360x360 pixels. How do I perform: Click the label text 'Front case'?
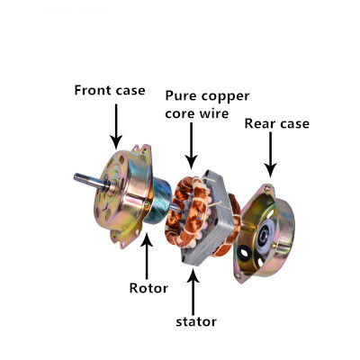pyautogui.click(x=110, y=90)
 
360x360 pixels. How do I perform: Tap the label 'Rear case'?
pyautogui.click(x=277, y=123)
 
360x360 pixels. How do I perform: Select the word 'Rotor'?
pyautogui.click(x=148, y=288)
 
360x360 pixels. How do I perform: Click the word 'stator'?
pyautogui.click(x=196, y=321)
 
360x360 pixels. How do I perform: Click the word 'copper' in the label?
pyautogui.click(x=225, y=97)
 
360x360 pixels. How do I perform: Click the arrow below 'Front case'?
pyautogui.click(x=116, y=126)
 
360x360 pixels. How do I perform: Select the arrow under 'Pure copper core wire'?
pyautogui.click(x=191, y=146)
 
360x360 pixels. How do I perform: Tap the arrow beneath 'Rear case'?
pyautogui.click(x=271, y=155)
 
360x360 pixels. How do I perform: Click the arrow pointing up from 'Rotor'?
pyautogui.click(x=147, y=256)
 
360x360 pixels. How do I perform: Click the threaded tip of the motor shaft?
pyautogui.click(x=79, y=177)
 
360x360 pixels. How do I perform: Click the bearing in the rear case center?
pyautogui.click(x=265, y=235)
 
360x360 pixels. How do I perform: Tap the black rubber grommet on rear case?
pyautogui.click(x=245, y=253)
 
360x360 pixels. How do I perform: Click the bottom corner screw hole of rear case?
pyautogui.click(x=238, y=275)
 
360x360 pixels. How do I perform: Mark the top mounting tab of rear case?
pyautogui.click(x=268, y=189)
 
